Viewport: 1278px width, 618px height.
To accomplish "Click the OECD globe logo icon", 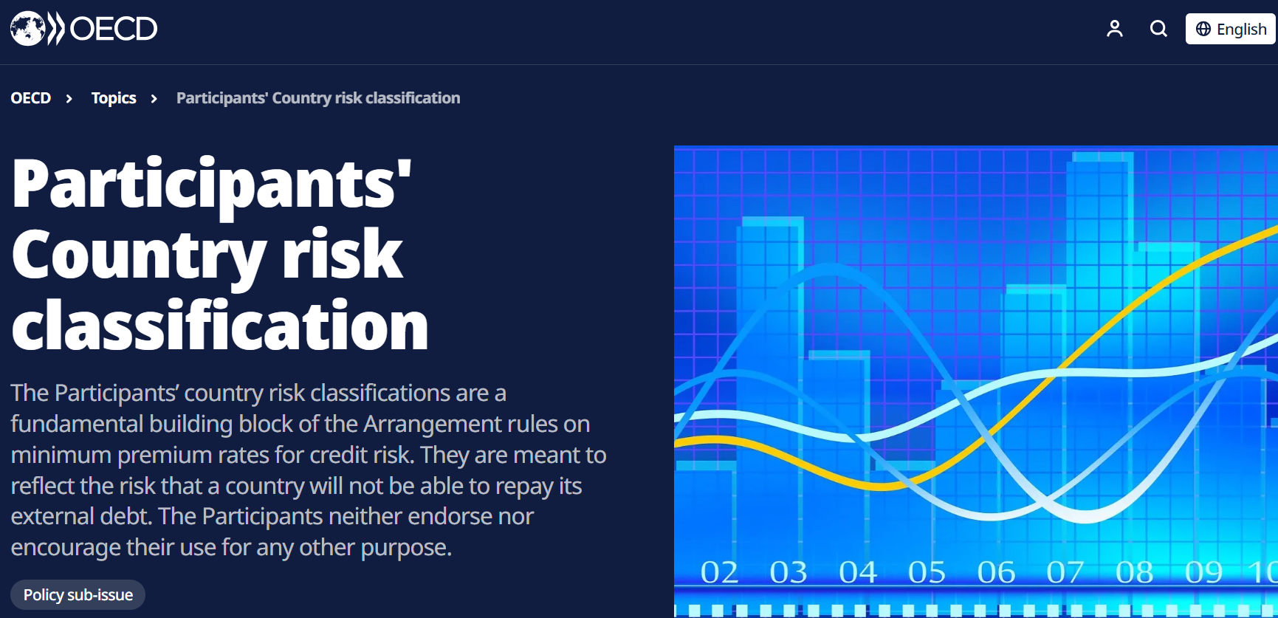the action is pos(28,29).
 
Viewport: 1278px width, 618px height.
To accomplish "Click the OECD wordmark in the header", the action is pos(114,30).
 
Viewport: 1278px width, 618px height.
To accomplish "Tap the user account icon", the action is pos(1115,29).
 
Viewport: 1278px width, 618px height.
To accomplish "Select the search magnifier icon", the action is pos(1159,29).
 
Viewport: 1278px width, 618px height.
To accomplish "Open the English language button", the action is pos(1231,29).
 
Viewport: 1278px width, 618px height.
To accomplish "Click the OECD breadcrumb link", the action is pos(31,98).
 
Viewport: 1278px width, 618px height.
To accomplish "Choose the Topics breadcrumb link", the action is pos(114,98).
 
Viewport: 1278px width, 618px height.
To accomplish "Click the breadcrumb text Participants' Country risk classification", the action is pos(318,98).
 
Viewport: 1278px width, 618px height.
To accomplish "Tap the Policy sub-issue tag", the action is pos(78,595).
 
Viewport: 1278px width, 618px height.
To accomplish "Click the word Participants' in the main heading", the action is pos(212,185).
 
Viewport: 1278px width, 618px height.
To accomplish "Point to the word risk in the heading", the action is pos(343,253).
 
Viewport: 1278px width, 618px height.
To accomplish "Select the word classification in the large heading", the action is pos(220,324).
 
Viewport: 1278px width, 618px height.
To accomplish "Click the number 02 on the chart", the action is pos(719,572).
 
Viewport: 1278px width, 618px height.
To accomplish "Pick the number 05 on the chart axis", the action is pos(927,572).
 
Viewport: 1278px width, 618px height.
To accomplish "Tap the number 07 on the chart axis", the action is pos(1065,572).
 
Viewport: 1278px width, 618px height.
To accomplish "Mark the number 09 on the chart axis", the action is pos(1203,572).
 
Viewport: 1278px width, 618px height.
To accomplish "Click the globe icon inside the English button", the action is pos(1203,29).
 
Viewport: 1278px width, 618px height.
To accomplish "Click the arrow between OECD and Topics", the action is pos(69,99).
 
